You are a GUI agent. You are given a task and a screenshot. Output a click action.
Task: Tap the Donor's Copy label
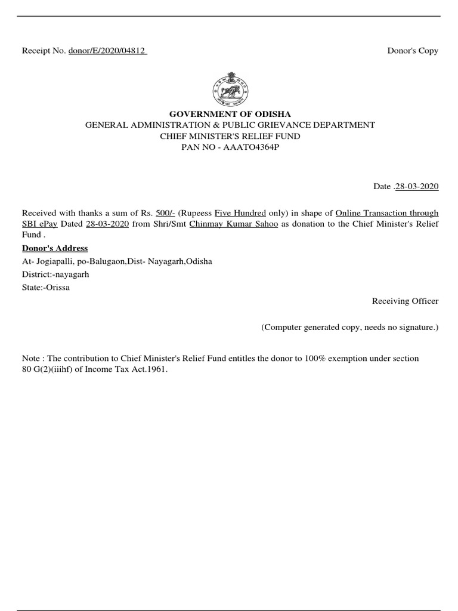tap(413, 51)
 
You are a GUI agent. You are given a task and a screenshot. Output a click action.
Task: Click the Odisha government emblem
tap(230, 90)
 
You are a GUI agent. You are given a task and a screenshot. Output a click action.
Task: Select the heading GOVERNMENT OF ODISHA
tap(230, 114)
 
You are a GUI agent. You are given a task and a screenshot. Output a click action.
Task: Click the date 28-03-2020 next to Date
tap(417, 187)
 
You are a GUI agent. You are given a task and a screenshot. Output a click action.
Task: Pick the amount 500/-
tap(165, 213)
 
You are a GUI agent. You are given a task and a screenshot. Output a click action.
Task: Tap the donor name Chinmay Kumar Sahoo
tap(233, 224)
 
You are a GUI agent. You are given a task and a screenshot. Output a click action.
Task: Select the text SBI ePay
tap(39, 224)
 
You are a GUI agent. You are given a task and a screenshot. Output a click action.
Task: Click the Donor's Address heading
tap(55, 248)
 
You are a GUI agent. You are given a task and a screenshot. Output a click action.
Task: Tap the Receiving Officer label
tap(405, 301)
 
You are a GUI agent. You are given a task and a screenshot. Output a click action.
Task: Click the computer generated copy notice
tap(350, 328)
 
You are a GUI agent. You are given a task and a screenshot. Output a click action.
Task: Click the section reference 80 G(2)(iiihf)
tap(52, 369)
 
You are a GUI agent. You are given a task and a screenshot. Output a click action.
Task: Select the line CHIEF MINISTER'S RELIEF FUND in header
tap(230, 135)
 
